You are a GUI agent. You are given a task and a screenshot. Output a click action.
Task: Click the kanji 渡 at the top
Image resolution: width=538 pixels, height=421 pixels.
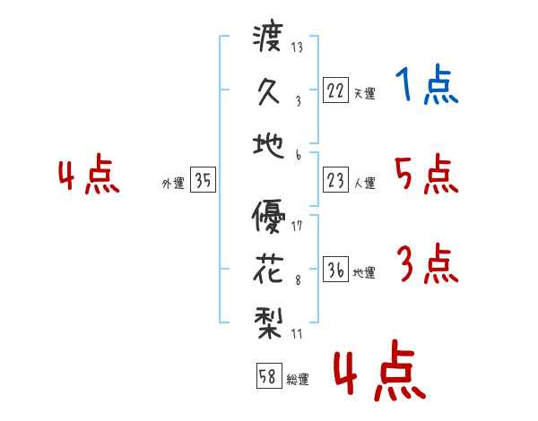(x=268, y=38)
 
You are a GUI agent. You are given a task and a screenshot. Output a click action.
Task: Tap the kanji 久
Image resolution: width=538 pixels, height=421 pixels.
(x=269, y=91)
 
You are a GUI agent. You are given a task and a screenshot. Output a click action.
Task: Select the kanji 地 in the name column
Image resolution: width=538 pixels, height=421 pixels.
(x=268, y=146)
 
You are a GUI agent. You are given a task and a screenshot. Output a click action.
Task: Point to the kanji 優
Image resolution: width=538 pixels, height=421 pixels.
(x=268, y=217)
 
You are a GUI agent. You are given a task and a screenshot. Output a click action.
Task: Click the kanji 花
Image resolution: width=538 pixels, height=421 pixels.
(x=268, y=270)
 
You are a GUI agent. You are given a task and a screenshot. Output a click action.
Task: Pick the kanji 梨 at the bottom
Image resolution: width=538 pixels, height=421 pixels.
(x=268, y=323)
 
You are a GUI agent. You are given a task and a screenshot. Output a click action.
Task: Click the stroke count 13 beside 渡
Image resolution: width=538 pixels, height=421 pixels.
(x=297, y=47)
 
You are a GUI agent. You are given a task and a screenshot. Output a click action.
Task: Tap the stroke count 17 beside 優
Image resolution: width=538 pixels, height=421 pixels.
(x=297, y=226)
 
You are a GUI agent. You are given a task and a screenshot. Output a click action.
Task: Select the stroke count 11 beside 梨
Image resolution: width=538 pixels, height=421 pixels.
(x=297, y=333)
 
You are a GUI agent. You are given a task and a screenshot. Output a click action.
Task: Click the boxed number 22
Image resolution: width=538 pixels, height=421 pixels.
(x=335, y=90)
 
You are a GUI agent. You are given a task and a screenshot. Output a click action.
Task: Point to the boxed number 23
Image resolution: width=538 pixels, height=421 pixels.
(x=335, y=179)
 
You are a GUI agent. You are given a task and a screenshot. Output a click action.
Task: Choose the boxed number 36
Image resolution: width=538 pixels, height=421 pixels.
(x=335, y=269)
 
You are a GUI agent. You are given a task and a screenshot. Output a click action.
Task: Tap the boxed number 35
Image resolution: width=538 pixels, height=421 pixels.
(x=203, y=179)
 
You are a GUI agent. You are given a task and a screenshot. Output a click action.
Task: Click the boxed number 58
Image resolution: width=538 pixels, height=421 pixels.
(x=269, y=375)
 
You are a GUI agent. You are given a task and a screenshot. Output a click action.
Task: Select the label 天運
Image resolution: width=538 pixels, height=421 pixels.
(x=365, y=93)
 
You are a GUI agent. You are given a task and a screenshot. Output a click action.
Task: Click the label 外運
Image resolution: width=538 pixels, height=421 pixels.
(x=173, y=183)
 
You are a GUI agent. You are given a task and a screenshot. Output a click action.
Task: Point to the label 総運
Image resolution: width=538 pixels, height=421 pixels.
(x=298, y=379)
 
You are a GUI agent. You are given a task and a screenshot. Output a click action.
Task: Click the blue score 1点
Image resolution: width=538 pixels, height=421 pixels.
(x=427, y=84)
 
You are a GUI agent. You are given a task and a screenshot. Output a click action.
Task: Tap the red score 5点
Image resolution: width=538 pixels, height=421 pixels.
(x=427, y=174)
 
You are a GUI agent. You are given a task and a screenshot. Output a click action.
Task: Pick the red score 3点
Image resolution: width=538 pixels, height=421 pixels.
(x=428, y=263)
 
